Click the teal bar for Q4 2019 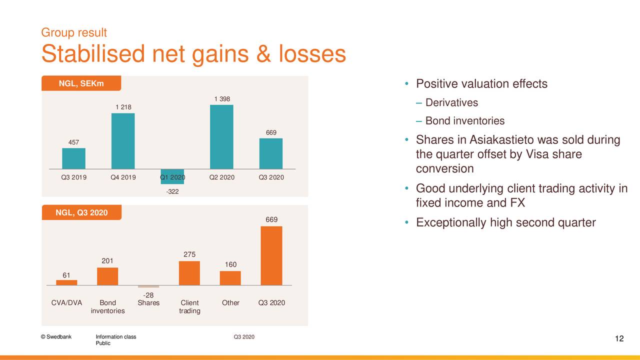(123, 141)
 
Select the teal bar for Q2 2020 (221, 137)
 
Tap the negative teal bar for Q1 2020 (172, 176)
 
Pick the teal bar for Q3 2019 (73, 158)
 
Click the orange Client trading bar (189, 273)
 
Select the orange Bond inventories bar (107, 276)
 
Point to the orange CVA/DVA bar (66, 282)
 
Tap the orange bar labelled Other (230, 278)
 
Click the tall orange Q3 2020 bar (271, 255)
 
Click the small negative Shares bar (148, 286)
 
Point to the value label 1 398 (222, 99)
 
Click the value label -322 (172, 191)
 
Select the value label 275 (189, 254)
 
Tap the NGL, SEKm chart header (81, 83)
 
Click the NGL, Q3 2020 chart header (81, 212)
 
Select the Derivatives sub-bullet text (451, 102)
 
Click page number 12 (619, 338)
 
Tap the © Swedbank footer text (56, 336)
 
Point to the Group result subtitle (74, 32)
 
